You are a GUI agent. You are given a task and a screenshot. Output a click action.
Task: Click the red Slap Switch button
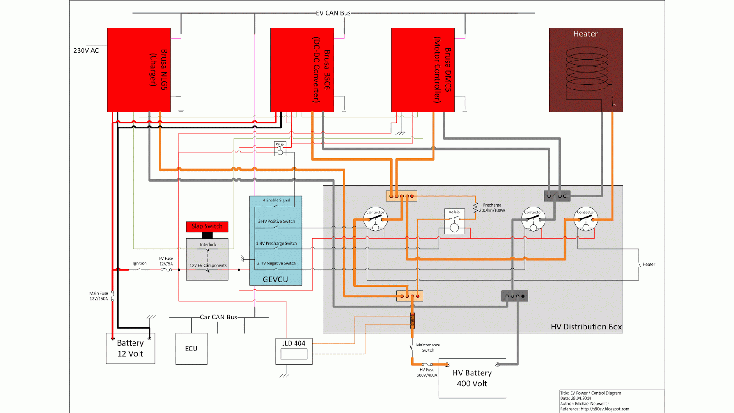[207, 227]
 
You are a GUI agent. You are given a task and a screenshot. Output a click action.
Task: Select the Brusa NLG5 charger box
[139, 70]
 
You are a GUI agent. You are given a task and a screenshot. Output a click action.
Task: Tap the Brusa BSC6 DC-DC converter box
[301, 70]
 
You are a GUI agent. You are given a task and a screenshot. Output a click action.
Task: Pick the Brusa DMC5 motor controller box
[423, 70]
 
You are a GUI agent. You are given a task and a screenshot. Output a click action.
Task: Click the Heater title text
[585, 34]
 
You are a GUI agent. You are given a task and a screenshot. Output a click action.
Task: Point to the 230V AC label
[86, 50]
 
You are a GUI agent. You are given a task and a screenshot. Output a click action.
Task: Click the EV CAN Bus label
[333, 13]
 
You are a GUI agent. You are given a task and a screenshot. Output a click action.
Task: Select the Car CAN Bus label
[219, 317]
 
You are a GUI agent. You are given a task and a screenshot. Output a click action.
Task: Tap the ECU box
[191, 349]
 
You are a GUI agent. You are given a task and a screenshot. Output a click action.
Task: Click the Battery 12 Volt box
[130, 349]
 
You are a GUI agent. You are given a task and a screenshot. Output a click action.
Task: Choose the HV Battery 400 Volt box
[472, 379]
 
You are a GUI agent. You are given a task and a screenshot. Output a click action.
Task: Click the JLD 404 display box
[294, 352]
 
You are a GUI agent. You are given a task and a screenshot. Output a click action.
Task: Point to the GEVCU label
[275, 279]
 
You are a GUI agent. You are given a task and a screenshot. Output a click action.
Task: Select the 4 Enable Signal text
[276, 201]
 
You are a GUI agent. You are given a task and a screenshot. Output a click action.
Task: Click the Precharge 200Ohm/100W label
[492, 208]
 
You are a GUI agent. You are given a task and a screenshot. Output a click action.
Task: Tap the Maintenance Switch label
[428, 347]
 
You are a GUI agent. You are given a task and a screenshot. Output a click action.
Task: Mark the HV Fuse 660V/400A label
[427, 373]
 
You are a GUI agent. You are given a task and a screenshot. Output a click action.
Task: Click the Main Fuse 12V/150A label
[99, 296]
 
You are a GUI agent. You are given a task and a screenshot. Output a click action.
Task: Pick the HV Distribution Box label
[586, 327]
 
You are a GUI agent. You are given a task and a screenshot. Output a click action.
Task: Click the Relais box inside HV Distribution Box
[454, 222]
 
